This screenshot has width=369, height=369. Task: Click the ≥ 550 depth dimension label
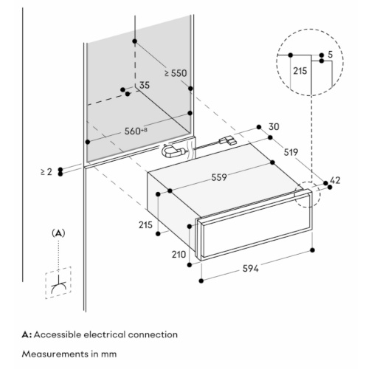(176, 73)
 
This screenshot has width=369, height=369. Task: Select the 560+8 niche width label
(136, 131)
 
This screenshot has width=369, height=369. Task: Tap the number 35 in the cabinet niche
(145, 85)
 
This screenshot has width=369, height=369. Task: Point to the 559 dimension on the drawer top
(219, 177)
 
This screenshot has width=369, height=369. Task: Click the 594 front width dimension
(250, 269)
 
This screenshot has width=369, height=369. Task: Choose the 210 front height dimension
(179, 255)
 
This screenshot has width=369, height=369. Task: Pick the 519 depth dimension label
(291, 152)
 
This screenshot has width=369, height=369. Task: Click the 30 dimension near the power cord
(274, 127)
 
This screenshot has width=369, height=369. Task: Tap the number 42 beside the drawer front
(335, 180)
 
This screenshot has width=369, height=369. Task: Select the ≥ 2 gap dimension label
(46, 172)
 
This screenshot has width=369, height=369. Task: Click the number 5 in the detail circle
(330, 55)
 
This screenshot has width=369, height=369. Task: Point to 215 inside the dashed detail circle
(300, 71)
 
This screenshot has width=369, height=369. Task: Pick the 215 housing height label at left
(145, 225)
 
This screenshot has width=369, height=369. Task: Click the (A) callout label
(58, 233)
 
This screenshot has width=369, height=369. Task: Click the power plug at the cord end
(228, 141)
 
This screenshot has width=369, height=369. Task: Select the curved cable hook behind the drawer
(173, 151)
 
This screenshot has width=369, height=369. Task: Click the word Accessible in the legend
(58, 334)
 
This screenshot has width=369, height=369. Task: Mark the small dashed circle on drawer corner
(308, 195)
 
